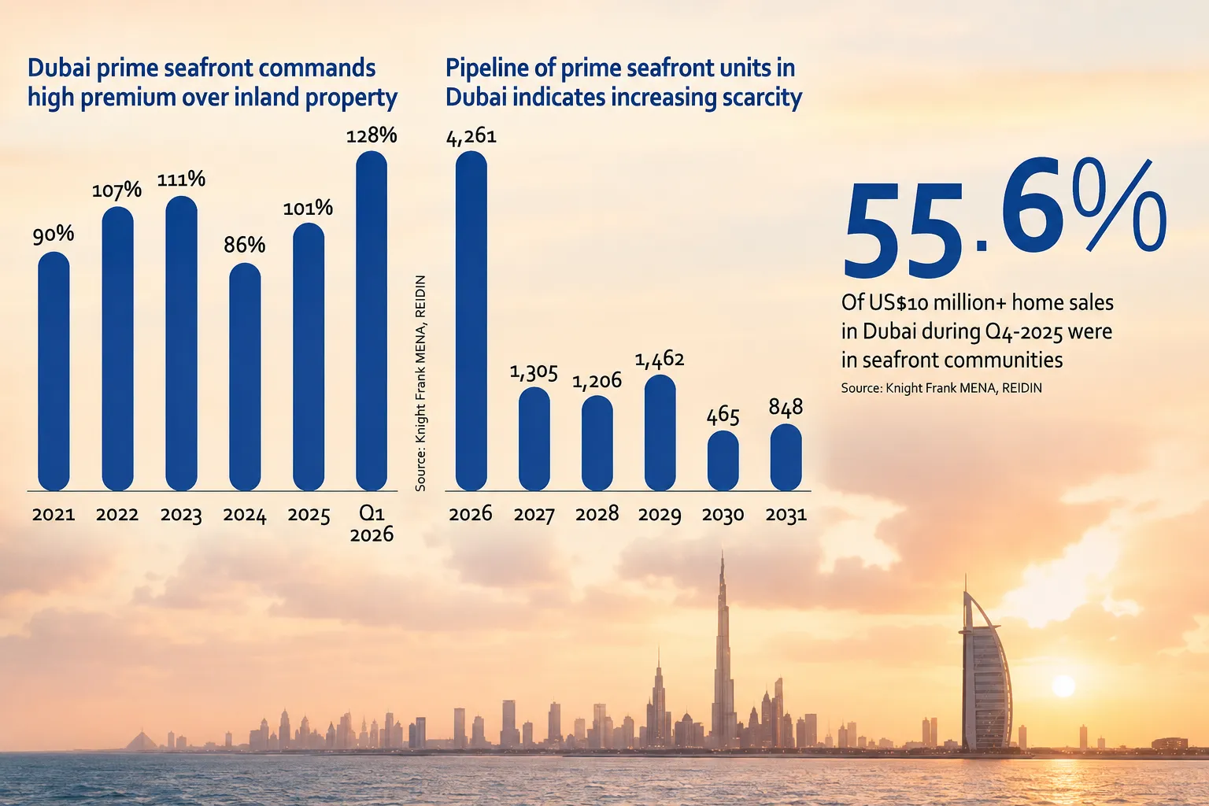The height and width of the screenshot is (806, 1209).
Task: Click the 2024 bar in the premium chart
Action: (245, 377)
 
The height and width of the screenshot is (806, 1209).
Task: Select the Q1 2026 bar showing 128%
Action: (372, 320)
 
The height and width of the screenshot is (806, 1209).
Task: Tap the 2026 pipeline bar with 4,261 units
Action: (471, 320)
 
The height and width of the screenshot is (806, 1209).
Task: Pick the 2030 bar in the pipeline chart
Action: (723, 460)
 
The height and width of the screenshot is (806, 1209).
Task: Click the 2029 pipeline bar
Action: (660, 432)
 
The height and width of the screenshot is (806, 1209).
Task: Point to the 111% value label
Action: (181, 179)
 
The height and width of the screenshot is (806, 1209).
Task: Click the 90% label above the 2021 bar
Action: (54, 235)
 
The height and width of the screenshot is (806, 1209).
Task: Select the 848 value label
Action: (786, 407)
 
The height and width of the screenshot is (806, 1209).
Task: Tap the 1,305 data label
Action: (534, 372)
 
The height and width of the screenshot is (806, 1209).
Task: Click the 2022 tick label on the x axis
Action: (117, 515)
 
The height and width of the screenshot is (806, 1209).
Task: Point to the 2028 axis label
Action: (597, 514)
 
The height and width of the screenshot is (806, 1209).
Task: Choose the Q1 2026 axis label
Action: (372, 523)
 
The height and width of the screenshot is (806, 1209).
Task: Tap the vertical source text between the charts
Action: (420, 383)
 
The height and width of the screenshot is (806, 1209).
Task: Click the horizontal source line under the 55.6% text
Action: (941, 388)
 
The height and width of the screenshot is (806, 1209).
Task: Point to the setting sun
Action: (1063, 686)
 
